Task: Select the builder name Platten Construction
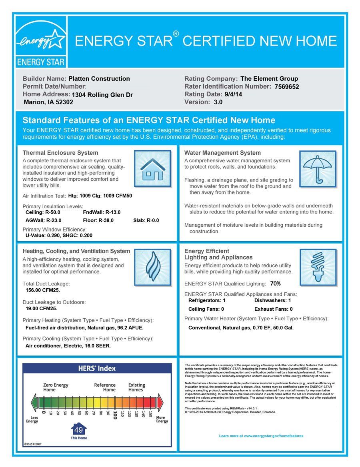(99, 79)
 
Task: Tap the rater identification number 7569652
(287, 87)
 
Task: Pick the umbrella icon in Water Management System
(318, 169)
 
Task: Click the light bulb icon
(318, 267)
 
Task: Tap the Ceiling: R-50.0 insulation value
(43, 212)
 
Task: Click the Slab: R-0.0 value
(146, 220)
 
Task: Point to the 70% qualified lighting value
(276, 283)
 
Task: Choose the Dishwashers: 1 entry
(273, 300)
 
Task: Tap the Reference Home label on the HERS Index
(105, 387)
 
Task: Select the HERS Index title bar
(97, 368)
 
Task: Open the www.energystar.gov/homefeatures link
(261, 436)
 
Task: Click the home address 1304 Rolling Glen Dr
(102, 95)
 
